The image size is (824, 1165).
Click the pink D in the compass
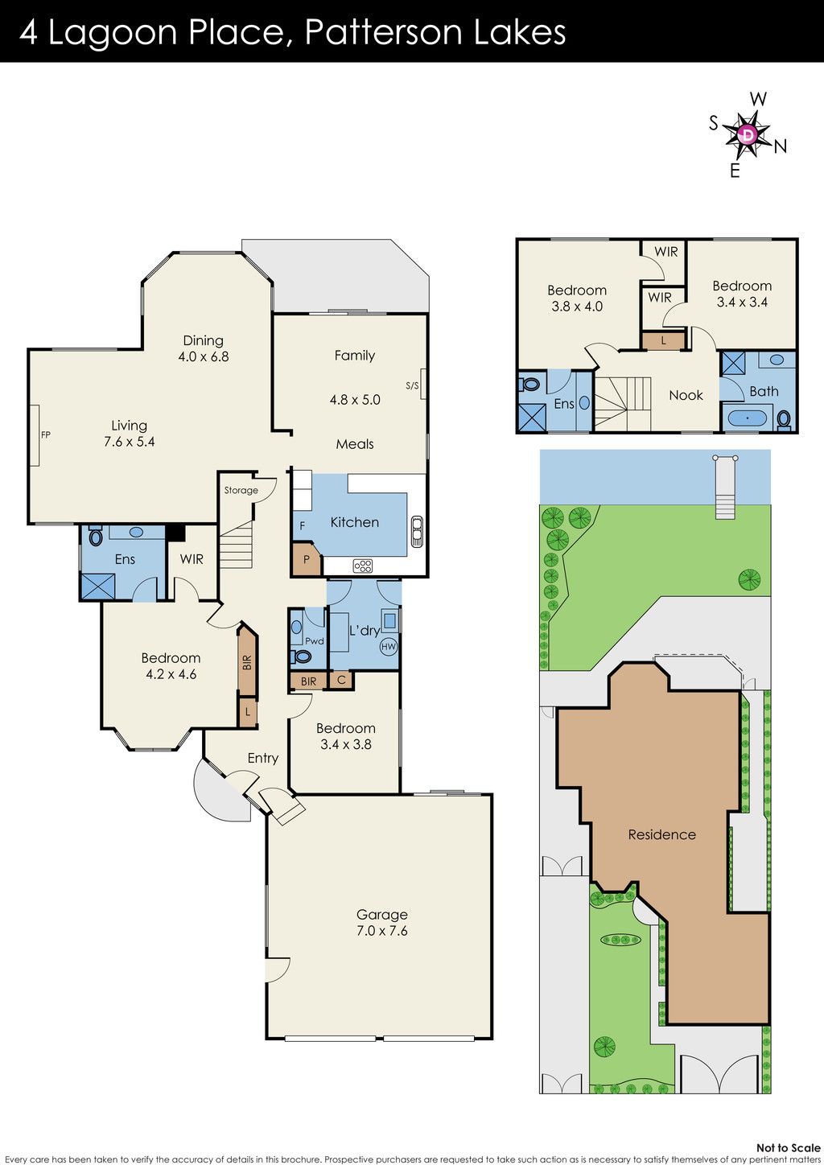pos(748,134)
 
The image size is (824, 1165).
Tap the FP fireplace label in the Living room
pos(46,434)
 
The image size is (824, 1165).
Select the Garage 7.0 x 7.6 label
pos(382,922)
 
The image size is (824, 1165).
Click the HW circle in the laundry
pos(389,647)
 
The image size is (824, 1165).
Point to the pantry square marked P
pos(306,559)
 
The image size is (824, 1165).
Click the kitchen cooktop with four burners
pos(363,566)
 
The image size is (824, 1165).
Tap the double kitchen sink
pos(417,531)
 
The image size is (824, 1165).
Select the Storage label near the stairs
pos(241,490)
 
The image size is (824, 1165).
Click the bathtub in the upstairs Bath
pos(748,418)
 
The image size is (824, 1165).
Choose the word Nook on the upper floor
pos(686,395)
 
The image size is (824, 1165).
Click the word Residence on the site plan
pos(661,834)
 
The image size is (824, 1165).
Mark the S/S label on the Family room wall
pos(411,385)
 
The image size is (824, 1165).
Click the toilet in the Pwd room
pos(301,657)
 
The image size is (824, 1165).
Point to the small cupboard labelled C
pos(341,680)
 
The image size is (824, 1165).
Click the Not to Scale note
pos(788,1148)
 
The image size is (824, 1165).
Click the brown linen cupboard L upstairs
pos(663,340)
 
